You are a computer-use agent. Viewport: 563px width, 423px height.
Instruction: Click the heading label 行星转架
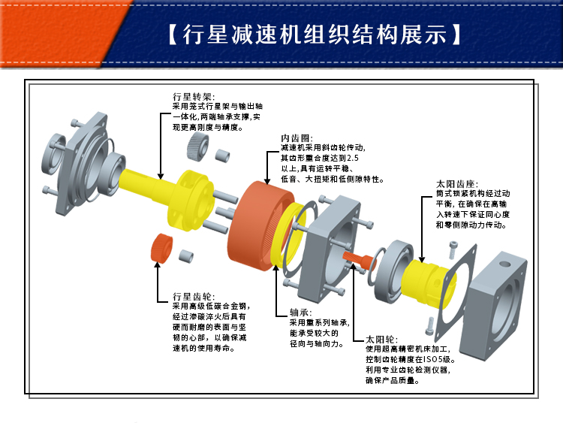coord(193,97)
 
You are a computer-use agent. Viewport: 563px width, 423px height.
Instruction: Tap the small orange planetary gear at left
coord(161,249)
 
